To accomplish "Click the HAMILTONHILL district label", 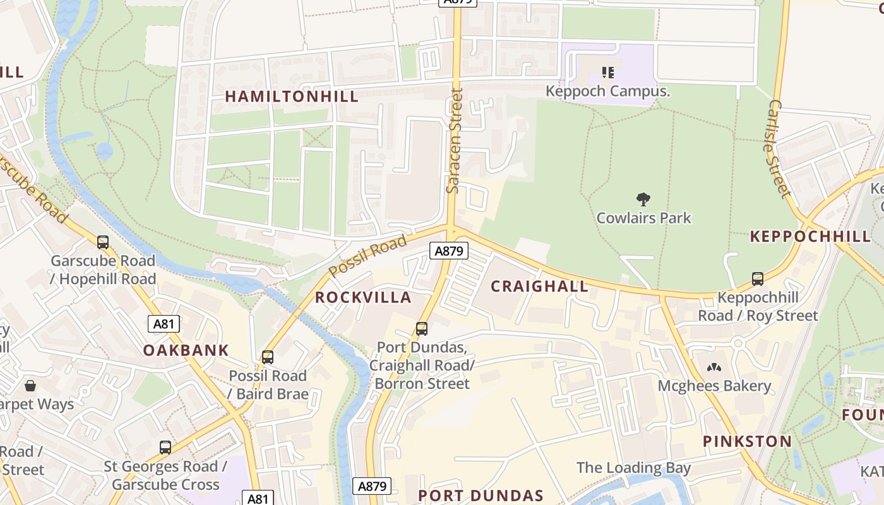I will [292, 97].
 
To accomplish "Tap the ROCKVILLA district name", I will [363, 297].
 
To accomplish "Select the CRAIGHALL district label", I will [539, 286].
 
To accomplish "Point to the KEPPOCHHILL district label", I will [810, 237].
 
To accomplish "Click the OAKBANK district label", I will [186, 350].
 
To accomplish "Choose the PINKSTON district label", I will [747, 441].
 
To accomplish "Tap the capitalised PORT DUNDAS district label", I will [481, 496].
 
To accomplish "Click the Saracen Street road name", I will [454, 141].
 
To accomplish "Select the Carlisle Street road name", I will [780, 148].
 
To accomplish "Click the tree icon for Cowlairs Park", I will [643, 200].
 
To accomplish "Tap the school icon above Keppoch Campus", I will [607, 73].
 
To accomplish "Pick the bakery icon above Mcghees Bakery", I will [714, 367].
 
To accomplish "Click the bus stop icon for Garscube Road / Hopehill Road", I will [103, 242].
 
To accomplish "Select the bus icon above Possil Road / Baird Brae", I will [268, 357].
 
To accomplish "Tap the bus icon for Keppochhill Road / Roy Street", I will [757, 278].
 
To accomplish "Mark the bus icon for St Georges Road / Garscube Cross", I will [165, 448].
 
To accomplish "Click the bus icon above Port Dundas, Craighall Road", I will [421, 329].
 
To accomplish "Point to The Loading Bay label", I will [633, 468].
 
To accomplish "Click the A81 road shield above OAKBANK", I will [164, 324].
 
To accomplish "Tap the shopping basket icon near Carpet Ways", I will [30, 385].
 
